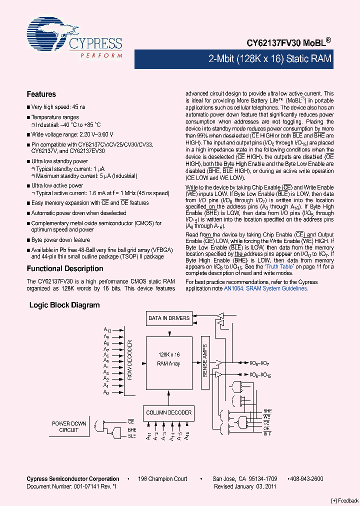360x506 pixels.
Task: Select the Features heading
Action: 41,94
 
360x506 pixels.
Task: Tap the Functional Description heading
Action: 64,268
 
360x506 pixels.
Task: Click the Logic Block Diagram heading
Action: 64,305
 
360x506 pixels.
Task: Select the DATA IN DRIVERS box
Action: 169,317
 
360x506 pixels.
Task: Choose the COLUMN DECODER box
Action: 168,412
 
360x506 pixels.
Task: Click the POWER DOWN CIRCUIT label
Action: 69,426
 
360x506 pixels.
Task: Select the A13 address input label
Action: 107,329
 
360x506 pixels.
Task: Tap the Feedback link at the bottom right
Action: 345,500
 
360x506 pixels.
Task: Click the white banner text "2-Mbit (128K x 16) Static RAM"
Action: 270,58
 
